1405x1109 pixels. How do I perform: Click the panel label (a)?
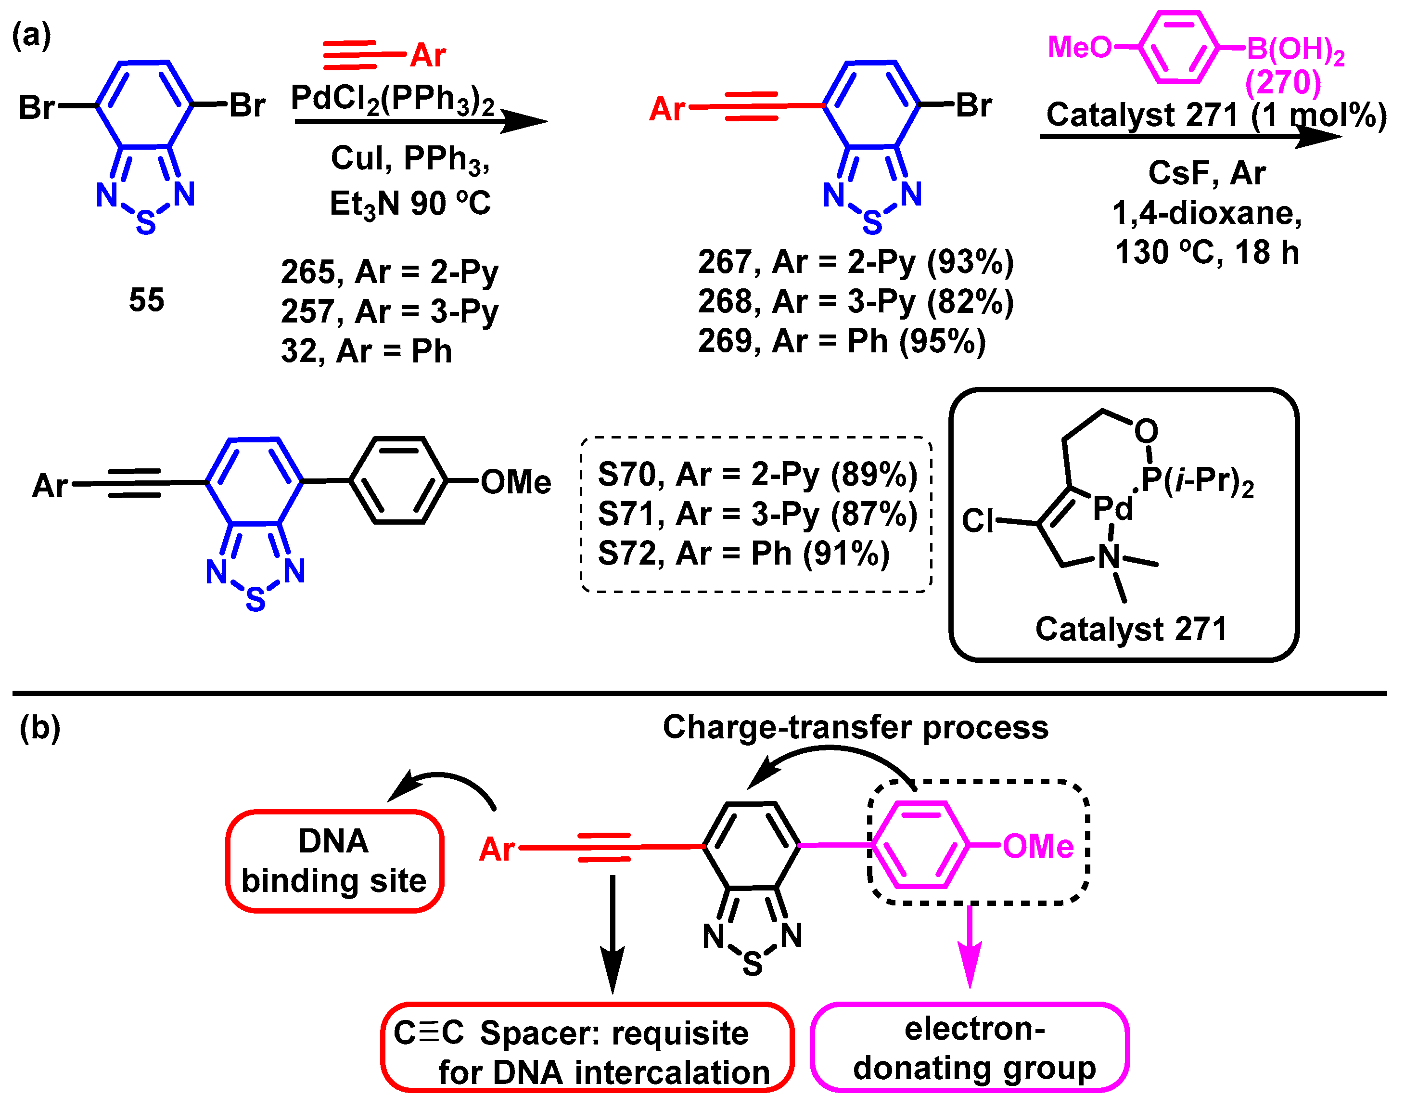pos(31,35)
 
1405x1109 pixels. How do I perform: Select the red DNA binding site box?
pos(334,861)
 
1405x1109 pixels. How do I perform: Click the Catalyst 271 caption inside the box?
pos(1130,629)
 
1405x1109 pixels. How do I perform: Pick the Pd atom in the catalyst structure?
pos(1112,508)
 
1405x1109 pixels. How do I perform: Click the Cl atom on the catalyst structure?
pos(978,520)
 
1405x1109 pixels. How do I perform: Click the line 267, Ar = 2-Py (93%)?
pos(856,262)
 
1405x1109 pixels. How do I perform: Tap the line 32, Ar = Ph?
pos(366,351)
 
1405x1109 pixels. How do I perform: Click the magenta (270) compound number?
pos(1282,82)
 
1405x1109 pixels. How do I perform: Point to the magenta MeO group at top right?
pos(1079,47)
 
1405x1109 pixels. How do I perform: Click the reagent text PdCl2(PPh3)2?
pos(392,99)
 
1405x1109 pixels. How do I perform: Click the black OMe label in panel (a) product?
pos(516,482)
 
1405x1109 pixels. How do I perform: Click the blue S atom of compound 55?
pos(146,223)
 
